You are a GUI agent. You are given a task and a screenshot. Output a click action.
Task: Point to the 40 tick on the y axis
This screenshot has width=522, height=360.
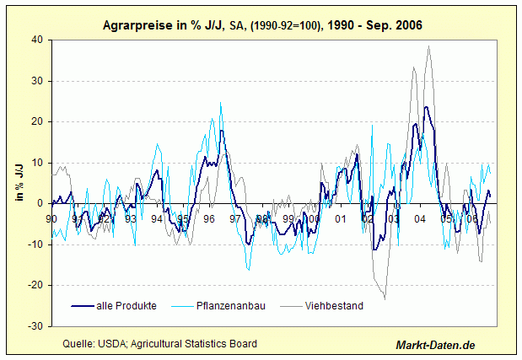tap(37, 40)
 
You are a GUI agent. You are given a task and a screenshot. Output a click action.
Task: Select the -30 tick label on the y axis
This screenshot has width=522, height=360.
tap(35, 325)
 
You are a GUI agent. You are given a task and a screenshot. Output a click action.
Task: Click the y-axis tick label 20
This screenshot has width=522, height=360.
tap(37, 121)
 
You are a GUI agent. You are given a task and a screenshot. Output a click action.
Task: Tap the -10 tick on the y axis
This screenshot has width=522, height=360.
tap(35, 244)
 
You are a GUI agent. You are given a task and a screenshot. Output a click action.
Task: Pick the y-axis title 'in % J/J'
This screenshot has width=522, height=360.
tap(19, 181)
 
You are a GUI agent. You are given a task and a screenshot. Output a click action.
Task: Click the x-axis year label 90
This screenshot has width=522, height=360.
tap(51, 219)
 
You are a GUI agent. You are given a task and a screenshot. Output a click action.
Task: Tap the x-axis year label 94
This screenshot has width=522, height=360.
tap(157, 219)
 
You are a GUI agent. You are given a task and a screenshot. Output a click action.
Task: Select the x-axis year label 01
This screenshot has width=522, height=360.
tap(340, 219)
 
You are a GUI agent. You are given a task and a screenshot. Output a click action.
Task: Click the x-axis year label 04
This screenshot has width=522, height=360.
tap(419, 219)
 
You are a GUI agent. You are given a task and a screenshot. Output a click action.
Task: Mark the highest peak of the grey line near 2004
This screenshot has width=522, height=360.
tap(429, 46)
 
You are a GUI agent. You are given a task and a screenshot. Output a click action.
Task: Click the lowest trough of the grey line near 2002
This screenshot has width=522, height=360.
tap(385, 298)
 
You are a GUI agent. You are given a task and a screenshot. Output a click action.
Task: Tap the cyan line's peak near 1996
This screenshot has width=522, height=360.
tap(221, 104)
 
